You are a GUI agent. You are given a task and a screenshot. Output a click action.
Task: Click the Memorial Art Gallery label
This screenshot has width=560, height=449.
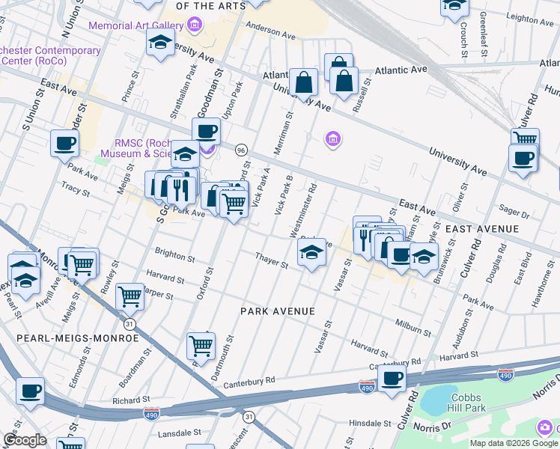tap(136, 25)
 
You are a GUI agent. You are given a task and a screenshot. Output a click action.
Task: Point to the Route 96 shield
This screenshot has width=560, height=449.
tap(241, 150)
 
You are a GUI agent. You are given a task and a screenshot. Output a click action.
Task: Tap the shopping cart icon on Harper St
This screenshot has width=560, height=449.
tap(130, 296)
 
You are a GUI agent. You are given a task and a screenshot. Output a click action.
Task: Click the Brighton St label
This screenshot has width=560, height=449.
tap(174, 255)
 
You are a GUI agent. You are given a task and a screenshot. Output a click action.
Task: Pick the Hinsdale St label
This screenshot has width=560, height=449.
tap(374, 423)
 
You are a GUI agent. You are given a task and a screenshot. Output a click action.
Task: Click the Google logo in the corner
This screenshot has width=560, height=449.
tap(25, 440)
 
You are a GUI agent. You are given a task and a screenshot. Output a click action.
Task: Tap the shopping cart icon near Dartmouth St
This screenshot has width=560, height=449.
tap(201, 345)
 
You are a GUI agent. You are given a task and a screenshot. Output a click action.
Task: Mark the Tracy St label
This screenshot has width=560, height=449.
tap(76, 190)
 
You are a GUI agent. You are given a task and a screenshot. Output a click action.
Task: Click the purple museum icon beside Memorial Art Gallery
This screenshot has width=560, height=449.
tap(195, 25)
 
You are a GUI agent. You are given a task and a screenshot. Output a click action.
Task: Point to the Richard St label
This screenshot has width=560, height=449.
tap(110, 400)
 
